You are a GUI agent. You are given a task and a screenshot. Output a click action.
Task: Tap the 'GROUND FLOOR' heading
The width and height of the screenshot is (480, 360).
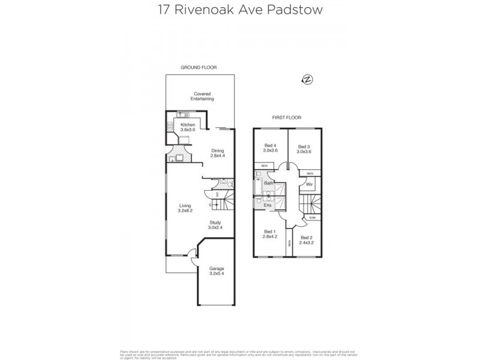tap(199, 68)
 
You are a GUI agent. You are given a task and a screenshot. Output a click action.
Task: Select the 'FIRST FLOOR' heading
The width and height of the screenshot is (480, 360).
tap(286, 118)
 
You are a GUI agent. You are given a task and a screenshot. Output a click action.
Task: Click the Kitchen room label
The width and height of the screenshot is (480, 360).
tap(180, 125)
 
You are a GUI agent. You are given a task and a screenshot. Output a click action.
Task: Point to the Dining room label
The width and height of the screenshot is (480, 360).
tap(217, 151)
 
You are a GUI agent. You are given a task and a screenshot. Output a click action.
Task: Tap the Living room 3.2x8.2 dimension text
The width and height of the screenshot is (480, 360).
tap(185, 211)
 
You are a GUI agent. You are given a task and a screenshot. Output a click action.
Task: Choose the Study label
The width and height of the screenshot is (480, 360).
tap(215, 223)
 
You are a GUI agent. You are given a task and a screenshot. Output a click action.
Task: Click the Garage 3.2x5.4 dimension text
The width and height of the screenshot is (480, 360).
tap(216, 274)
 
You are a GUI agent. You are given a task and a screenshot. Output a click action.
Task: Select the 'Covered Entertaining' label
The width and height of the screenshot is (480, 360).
tap(202, 96)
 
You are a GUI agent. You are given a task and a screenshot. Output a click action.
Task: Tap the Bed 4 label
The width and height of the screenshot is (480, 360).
tap(271, 146)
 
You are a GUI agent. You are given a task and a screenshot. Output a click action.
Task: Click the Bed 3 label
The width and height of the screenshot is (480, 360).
tap(304, 146)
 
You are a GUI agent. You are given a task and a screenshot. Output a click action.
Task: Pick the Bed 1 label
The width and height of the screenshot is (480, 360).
tap(270, 232)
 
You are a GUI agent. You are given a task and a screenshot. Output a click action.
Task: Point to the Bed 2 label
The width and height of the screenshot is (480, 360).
tap(307, 238)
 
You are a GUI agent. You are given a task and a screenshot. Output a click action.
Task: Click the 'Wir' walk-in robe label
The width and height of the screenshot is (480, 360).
tap(309, 184)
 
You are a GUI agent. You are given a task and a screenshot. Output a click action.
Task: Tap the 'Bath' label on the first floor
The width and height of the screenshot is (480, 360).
tap(269, 182)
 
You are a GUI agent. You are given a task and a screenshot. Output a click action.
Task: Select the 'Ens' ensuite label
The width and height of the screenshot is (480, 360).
tap(268, 205)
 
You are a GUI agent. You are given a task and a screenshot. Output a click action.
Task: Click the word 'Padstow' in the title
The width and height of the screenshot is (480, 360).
tap(297, 10)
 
